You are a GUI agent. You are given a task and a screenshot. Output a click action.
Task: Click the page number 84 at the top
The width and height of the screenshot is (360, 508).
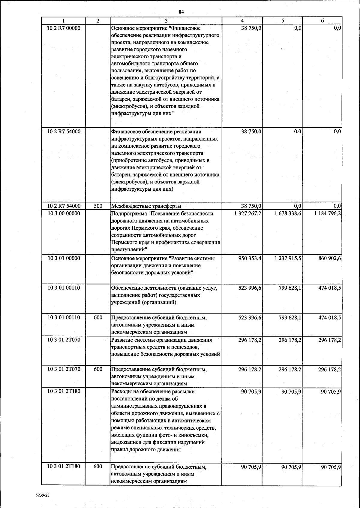coord(181,12)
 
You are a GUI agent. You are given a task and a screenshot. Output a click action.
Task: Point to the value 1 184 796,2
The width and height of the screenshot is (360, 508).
coord(328,213)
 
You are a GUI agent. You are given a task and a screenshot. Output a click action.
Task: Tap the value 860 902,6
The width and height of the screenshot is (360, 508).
coord(329,258)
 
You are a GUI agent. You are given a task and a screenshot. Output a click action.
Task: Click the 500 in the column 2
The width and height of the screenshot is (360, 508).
coord(98,206)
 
